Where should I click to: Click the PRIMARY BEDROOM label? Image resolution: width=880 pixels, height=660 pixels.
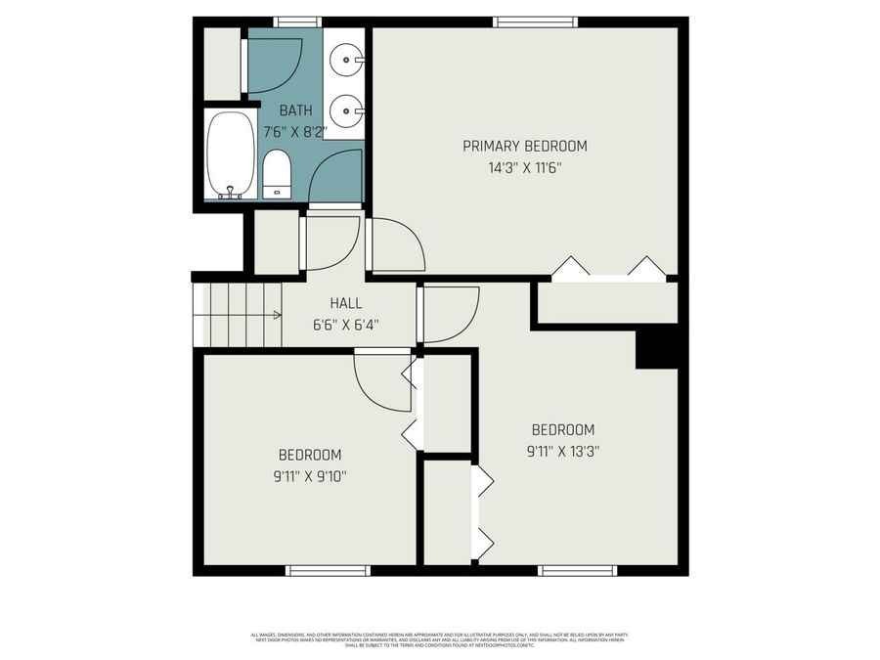click(x=525, y=147)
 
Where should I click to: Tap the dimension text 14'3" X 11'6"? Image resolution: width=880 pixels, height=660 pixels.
click(x=525, y=167)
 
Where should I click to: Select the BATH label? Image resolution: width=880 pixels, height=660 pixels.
click(x=296, y=110)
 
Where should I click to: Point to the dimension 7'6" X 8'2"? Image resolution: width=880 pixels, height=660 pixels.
click(x=296, y=128)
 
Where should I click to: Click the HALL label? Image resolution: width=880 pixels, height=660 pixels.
click(x=346, y=304)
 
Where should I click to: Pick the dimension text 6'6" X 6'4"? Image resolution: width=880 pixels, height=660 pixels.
click(x=346, y=324)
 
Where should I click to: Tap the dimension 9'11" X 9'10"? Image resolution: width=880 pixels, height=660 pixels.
click(x=310, y=476)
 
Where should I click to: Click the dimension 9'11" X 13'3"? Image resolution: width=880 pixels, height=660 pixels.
click(x=562, y=452)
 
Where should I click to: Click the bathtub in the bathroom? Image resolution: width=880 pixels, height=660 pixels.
click(x=231, y=154)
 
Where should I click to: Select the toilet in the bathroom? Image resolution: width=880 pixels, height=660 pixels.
click(x=277, y=173)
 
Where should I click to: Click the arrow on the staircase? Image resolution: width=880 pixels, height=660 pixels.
click(x=277, y=315)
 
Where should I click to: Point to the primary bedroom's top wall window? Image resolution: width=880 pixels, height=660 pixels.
click(x=527, y=22)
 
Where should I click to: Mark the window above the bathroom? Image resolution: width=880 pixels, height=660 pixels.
click(x=297, y=22)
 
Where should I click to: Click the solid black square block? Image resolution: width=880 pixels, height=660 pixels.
click(x=656, y=348)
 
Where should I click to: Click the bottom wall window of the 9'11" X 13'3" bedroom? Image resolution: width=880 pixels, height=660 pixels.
click(x=578, y=570)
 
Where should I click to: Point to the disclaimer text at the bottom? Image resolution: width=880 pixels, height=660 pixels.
click(x=440, y=640)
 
